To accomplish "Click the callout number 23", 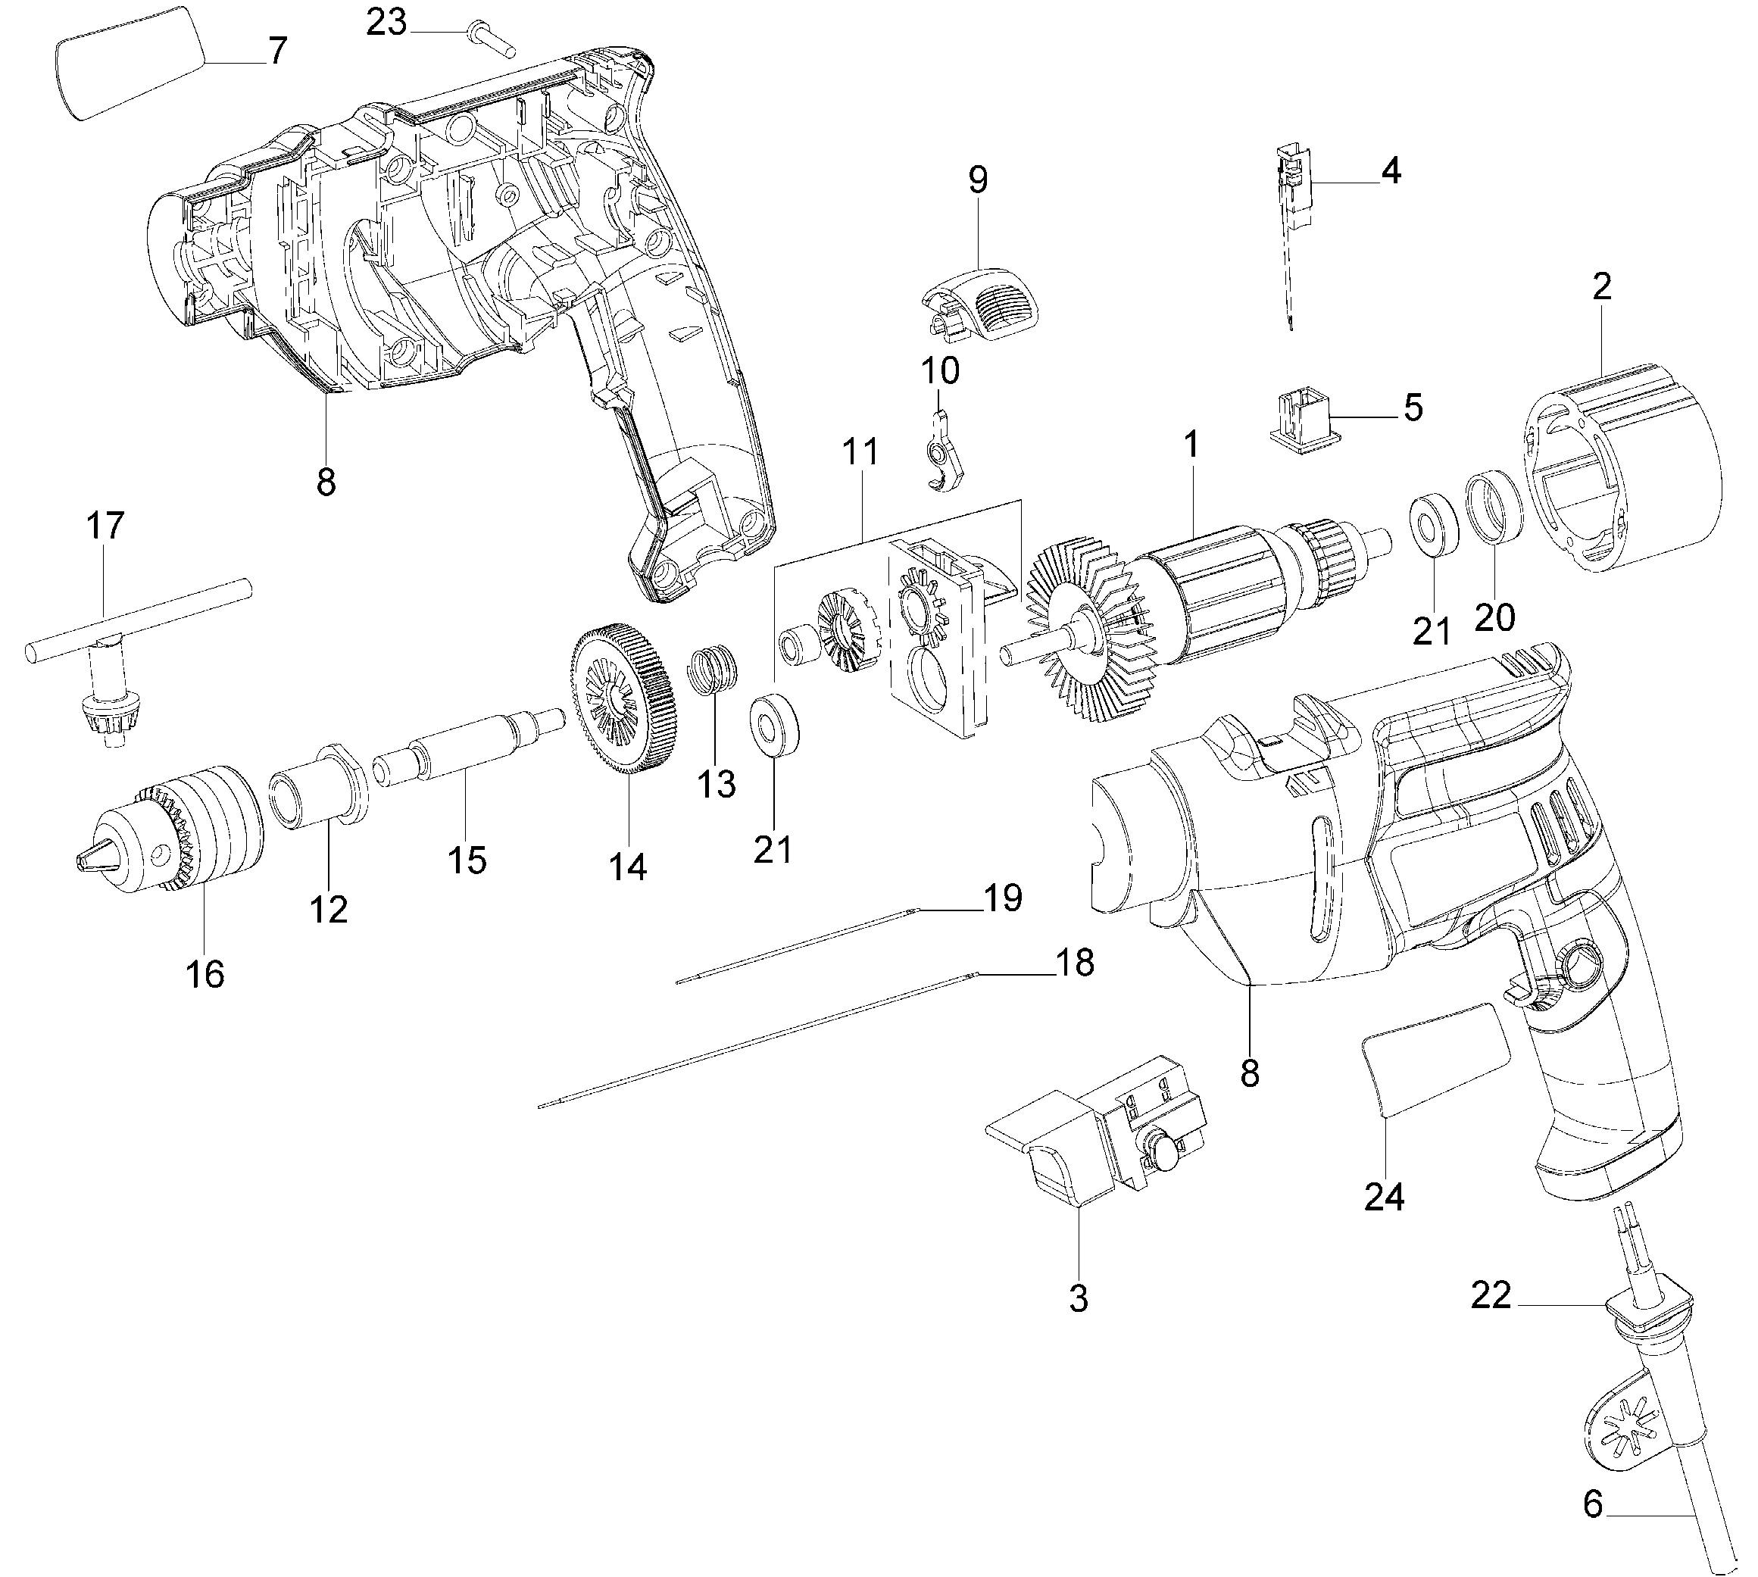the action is (x=386, y=23).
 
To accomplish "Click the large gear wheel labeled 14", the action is (x=624, y=698).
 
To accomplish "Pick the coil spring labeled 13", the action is (x=714, y=670).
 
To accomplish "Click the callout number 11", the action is (x=860, y=451).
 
